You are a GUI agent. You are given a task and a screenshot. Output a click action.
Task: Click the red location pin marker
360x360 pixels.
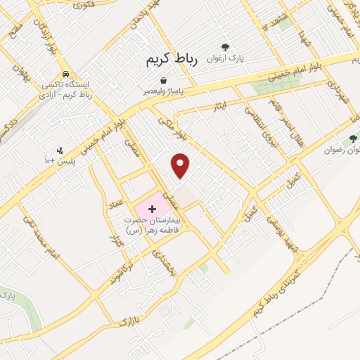tap(181, 165)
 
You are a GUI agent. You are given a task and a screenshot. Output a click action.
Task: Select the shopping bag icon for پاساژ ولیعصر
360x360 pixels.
tap(163, 81)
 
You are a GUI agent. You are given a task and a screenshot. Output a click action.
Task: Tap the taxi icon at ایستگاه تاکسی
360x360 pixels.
tap(65, 74)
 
